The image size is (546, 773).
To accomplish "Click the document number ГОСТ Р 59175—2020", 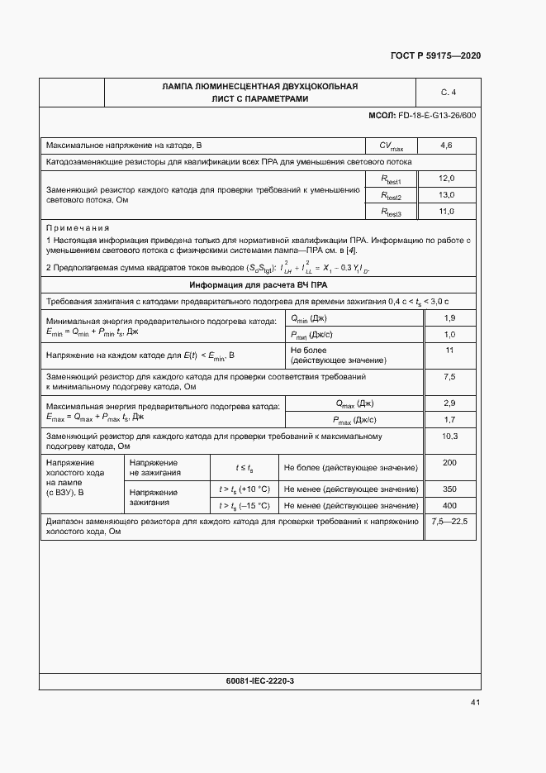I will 434,55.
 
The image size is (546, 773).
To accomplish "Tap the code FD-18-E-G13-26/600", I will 437,115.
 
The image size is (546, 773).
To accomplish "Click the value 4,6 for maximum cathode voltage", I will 446,146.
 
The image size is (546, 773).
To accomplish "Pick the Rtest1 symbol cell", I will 391,179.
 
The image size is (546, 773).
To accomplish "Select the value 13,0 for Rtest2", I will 446,195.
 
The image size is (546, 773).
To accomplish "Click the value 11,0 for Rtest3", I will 446,212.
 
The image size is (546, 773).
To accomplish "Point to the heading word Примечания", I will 78,227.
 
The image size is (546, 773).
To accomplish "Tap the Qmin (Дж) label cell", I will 308,318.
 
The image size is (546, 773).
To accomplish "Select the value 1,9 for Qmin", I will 449,318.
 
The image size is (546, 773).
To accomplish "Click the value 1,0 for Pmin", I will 449,335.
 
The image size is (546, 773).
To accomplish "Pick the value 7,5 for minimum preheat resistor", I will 449,377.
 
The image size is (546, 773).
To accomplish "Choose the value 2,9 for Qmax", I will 449,403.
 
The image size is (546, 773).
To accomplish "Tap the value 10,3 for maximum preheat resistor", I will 449,436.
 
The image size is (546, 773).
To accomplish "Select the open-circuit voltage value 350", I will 449,489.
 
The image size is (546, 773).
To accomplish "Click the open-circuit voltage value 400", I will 449,505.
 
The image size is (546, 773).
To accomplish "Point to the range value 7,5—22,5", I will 449,522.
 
